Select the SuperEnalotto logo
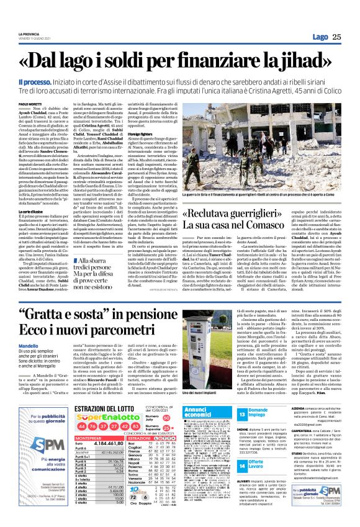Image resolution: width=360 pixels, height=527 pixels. [114, 435]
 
